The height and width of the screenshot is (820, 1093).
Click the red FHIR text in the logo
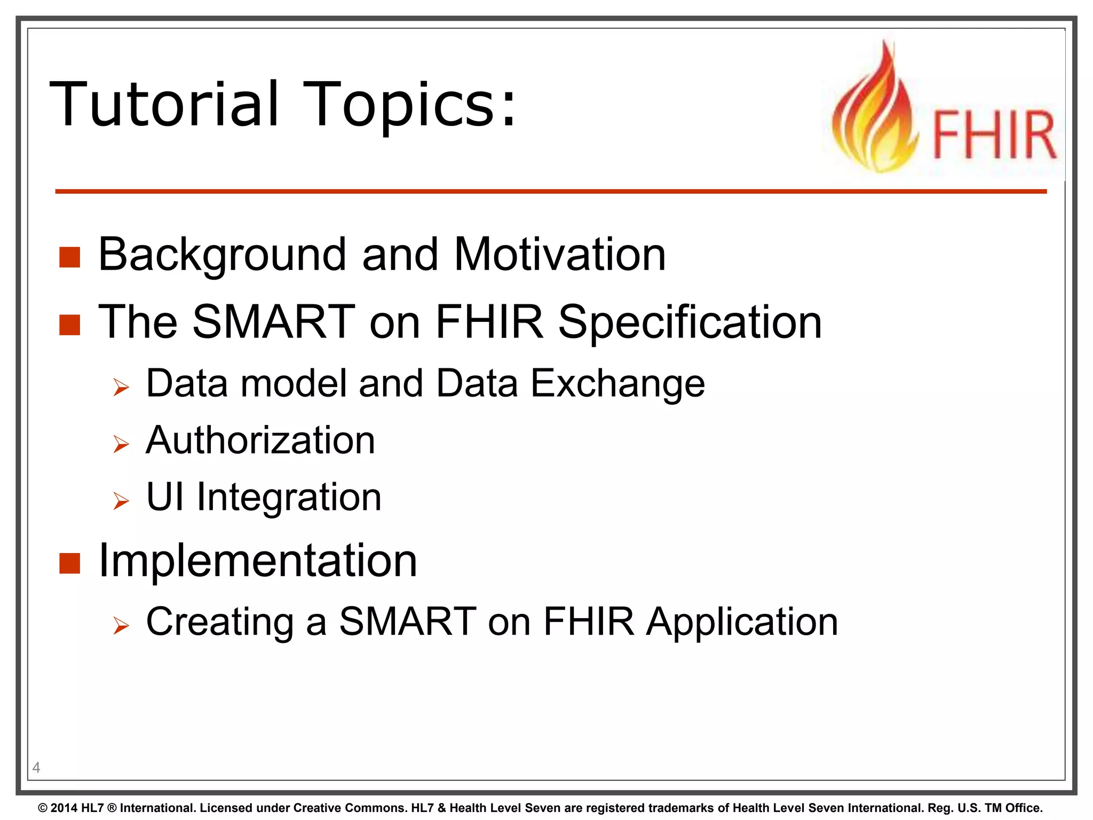994,135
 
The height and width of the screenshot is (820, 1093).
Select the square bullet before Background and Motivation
69,257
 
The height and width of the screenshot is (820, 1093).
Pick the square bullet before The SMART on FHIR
69,324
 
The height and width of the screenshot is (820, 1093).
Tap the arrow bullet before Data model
121,387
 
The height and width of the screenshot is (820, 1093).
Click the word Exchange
617,383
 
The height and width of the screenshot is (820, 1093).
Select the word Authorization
260,440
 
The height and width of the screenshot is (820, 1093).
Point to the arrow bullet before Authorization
121,444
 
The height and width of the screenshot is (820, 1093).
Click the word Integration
289,497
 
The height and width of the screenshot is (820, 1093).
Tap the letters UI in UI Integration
165,497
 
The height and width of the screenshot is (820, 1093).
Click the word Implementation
258,561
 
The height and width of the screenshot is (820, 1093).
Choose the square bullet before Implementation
69,563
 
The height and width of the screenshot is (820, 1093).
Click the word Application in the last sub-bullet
742,622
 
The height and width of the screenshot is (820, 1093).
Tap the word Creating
219,622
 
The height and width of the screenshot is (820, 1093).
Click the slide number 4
36,768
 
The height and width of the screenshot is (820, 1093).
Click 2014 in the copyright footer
64,808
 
